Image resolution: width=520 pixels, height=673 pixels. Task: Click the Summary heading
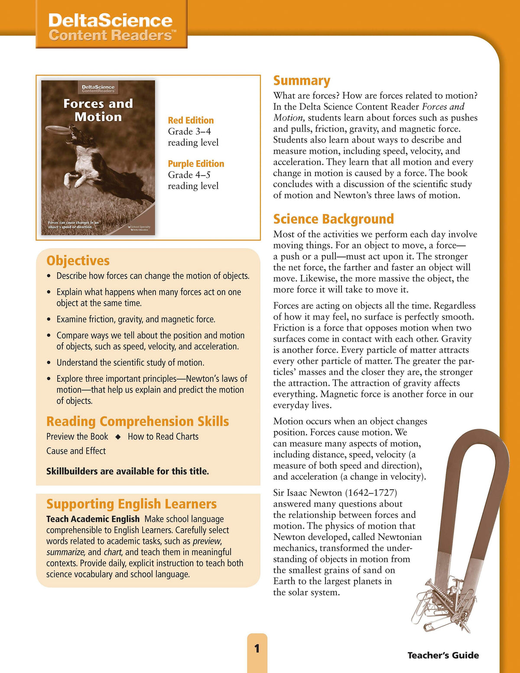[302, 81]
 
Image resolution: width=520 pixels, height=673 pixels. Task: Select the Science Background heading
[333, 219]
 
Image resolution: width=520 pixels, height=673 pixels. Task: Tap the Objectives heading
[78, 260]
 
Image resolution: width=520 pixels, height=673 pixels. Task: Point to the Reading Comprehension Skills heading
[137, 421]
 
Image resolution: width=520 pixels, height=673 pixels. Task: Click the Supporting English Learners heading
[131, 504]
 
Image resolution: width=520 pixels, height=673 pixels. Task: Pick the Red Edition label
[191, 120]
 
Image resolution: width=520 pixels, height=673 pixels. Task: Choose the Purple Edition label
[196, 164]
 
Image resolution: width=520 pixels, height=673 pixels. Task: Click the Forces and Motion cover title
[98, 110]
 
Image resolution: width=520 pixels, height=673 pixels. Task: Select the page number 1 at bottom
[257, 648]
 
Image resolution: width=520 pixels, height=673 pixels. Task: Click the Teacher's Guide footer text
[443, 655]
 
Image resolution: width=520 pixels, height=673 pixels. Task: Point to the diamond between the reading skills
[118, 437]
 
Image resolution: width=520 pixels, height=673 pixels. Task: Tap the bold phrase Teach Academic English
[93, 519]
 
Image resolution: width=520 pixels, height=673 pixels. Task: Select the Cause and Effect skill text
[76, 451]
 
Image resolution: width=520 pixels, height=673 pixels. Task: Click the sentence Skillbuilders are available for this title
[127, 471]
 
